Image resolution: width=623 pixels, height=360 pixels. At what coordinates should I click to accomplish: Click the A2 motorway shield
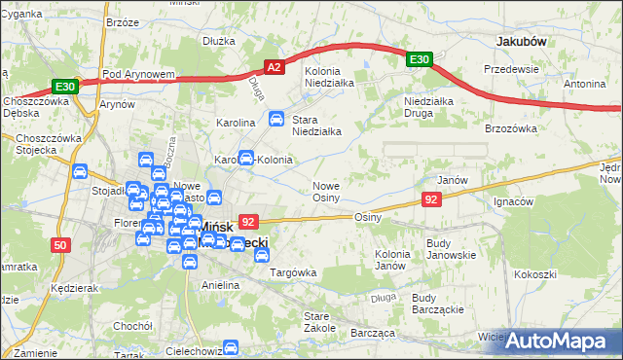(275, 67)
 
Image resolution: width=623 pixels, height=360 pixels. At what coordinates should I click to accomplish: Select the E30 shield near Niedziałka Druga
(419, 60)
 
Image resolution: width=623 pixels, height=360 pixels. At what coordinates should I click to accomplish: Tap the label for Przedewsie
(512, 70)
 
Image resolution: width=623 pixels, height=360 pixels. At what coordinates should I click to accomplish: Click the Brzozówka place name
(511, 128)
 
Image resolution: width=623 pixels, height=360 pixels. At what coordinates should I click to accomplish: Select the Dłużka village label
(220, 42)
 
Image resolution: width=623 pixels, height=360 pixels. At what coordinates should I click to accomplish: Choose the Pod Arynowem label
(138, 74)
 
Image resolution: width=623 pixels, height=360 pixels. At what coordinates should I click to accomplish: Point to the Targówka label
(293, 273)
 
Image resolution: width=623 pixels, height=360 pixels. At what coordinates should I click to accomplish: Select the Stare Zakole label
(318, 322)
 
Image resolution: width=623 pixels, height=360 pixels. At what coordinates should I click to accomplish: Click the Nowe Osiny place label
(325, 192)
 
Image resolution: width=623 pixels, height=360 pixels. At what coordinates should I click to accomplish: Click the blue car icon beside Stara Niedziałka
(276, 120)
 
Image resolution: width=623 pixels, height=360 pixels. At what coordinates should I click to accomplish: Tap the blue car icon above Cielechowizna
(231, 347)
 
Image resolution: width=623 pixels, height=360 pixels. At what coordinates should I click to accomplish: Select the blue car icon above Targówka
(261, 255)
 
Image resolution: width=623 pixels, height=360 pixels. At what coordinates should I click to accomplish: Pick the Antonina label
(584, 84)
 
